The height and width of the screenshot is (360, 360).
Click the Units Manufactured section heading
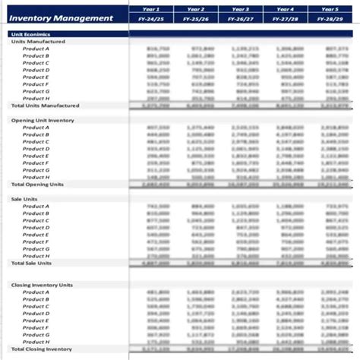38,42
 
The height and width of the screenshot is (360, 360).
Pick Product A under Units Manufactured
36,49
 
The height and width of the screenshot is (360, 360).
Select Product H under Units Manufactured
36,99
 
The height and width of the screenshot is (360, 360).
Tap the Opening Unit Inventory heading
43,120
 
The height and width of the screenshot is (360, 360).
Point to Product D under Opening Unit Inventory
36,149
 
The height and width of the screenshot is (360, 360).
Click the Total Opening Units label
37,185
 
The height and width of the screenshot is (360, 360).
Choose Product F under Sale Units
36,242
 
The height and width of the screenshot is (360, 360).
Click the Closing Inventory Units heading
43,284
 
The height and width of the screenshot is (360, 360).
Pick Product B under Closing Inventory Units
36,299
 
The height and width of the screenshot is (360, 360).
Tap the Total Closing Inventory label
42,349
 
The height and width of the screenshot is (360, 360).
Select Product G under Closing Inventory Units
36,335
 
